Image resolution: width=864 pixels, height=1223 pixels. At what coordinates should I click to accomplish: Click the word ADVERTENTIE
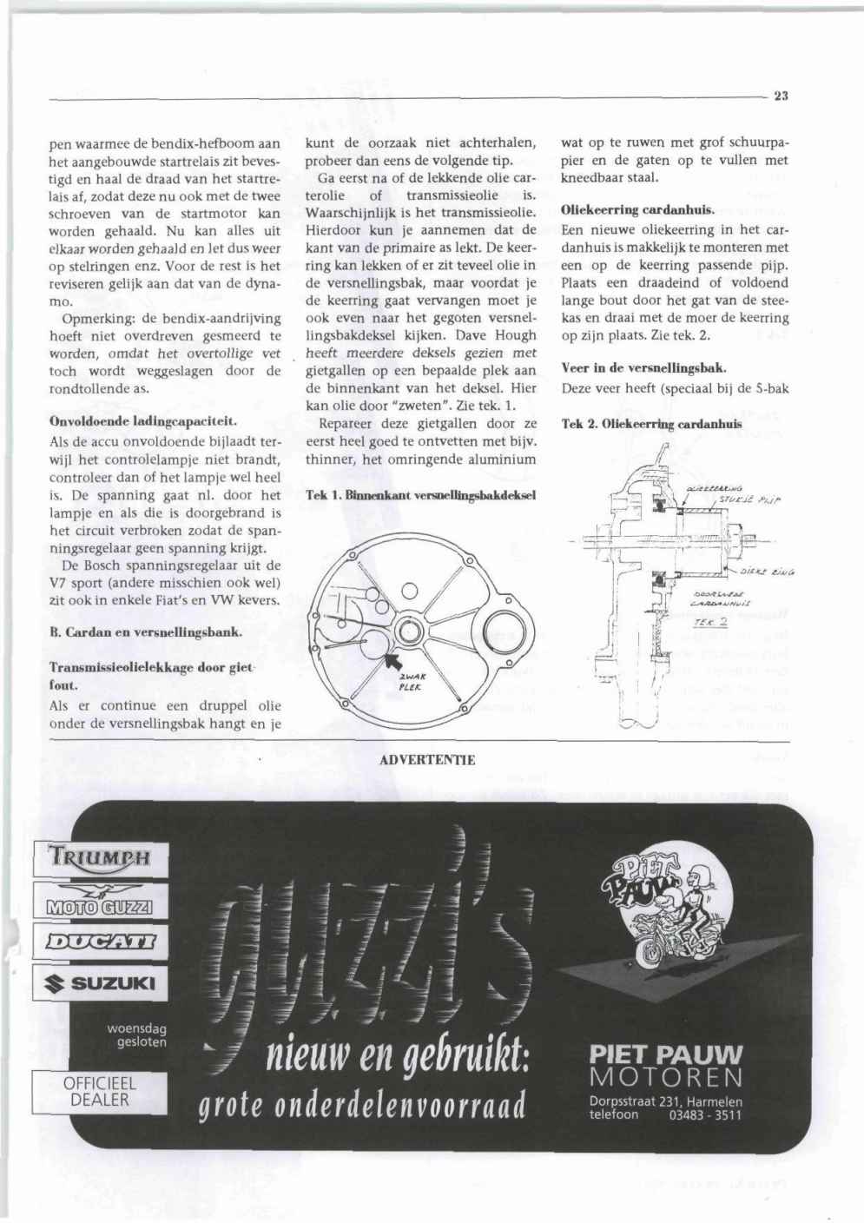pyautogui.click(x=427, y=761)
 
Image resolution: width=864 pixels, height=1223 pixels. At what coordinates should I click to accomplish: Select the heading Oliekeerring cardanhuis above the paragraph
pyautogui.click(x=637, y=210)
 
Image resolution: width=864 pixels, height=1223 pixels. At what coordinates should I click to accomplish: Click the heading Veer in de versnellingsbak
pyautogui.click(x=643, y=368)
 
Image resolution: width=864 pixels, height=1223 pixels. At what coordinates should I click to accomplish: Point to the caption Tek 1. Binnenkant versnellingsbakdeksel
pyautogui.click(x=421, y=495)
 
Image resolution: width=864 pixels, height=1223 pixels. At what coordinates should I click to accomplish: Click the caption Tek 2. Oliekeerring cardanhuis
pyautogui.click(x=651, y=425)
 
